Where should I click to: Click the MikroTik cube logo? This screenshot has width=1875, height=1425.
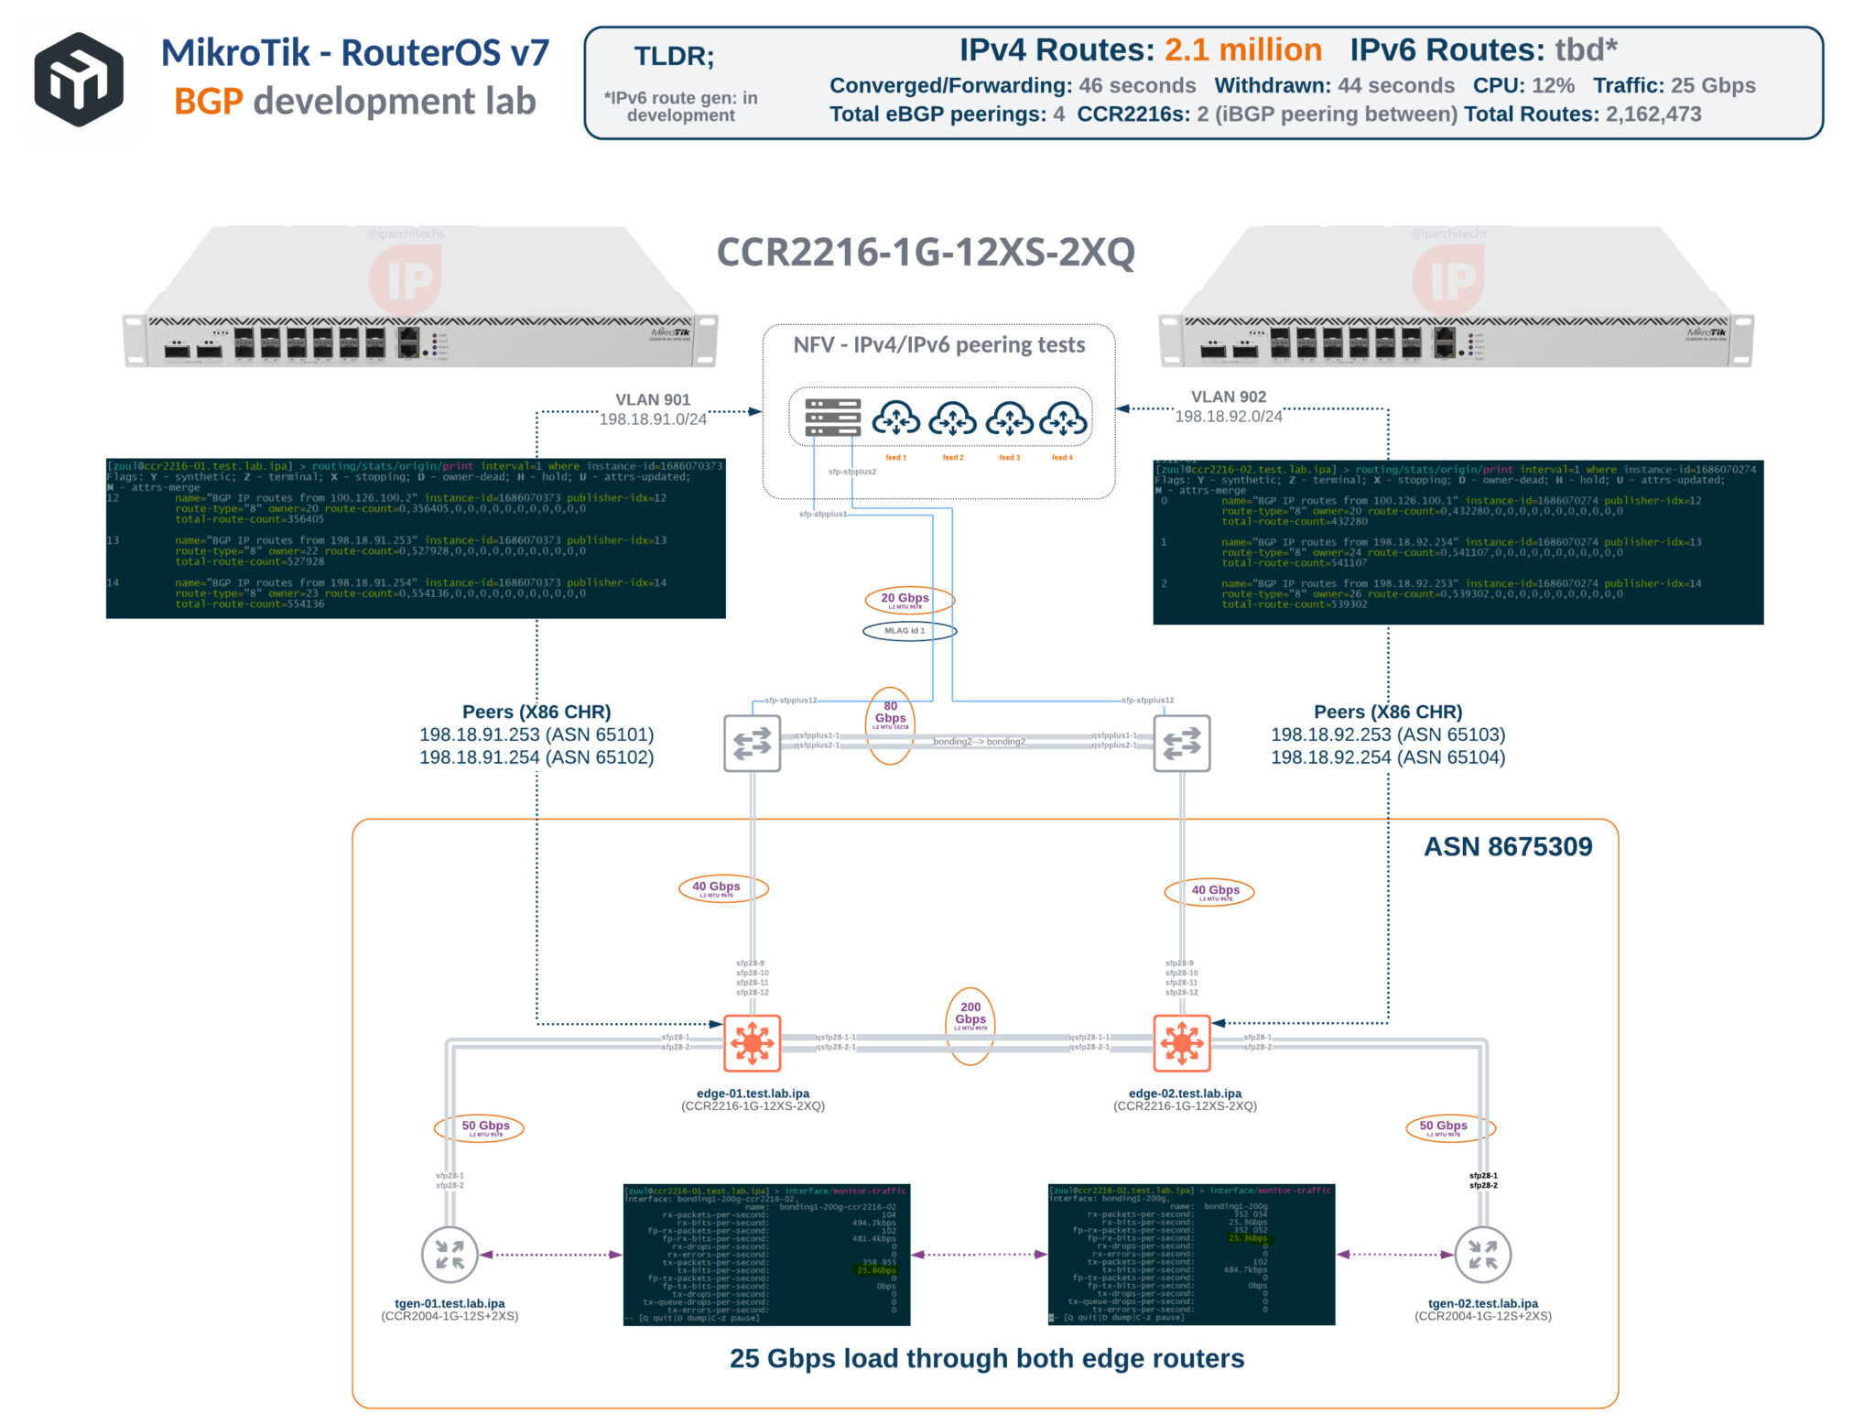(79, 79)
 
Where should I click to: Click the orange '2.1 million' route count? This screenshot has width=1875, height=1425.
(1242, 49)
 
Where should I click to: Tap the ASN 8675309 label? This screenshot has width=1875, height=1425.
(1507, 846)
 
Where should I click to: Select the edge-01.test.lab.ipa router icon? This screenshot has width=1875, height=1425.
(752, 1042)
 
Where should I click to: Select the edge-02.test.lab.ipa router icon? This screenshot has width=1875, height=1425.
(1181, 1042)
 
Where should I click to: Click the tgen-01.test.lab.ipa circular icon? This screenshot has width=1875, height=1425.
(450, 1254)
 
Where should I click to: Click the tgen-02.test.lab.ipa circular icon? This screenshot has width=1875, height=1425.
(1482, 1254)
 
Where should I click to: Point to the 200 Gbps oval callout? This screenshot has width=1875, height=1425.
(970, 1025)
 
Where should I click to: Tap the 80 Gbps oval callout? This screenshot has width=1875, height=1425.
(890, 724)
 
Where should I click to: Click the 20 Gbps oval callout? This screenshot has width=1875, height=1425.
(908, 600)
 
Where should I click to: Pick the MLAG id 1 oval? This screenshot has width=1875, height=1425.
(908, 631)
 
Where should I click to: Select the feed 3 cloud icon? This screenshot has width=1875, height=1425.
(1009, 419)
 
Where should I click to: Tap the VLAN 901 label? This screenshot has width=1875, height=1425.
(653, 399)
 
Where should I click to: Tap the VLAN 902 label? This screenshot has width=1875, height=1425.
(1228, 397)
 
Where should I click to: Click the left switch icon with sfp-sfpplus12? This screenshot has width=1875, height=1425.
(752, 743)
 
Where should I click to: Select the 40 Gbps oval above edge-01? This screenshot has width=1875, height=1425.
(722, 887)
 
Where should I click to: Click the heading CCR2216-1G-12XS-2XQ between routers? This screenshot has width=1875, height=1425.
(925, 253)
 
